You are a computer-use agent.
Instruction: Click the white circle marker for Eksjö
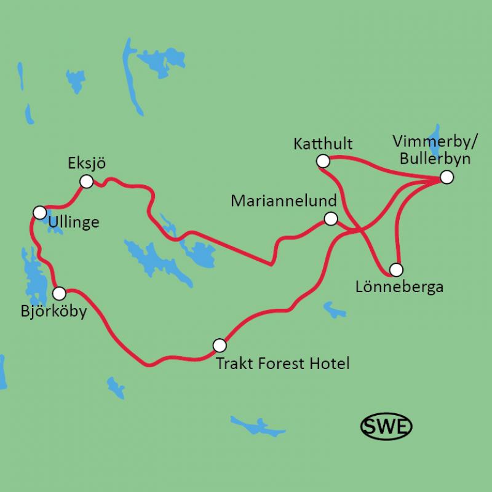point(87,181)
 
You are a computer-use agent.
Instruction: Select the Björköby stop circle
point(60,293)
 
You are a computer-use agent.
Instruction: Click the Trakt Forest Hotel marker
point(219,344)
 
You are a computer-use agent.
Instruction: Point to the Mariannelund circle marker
point(331,218)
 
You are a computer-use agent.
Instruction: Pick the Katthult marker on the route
point(322,161)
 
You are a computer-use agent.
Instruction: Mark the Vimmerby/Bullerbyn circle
point(446,177)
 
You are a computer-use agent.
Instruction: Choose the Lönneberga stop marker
point(396,269)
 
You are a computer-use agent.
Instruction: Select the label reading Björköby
point(53,311)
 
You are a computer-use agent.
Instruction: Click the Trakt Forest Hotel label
point(283,363)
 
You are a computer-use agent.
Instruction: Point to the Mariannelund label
point(284,201)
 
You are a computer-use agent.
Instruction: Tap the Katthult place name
point(323,145)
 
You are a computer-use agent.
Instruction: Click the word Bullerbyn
point(434,159)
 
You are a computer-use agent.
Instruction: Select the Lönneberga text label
point(399,287)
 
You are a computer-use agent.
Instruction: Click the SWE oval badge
point(386,425)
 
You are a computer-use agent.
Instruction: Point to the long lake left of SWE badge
point(259,426)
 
